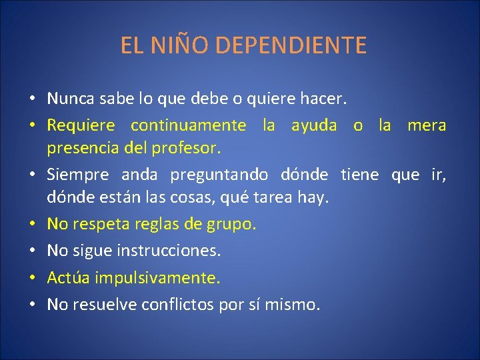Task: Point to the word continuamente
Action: click(188, 125)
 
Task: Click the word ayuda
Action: click(314, 125)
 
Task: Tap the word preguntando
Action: click(219, 175)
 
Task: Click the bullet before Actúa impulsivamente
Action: click(33, 278)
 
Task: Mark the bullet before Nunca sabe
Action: click(33, 100)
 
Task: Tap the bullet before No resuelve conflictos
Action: click(33, 305)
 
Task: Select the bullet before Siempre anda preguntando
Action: click(33, 175)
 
